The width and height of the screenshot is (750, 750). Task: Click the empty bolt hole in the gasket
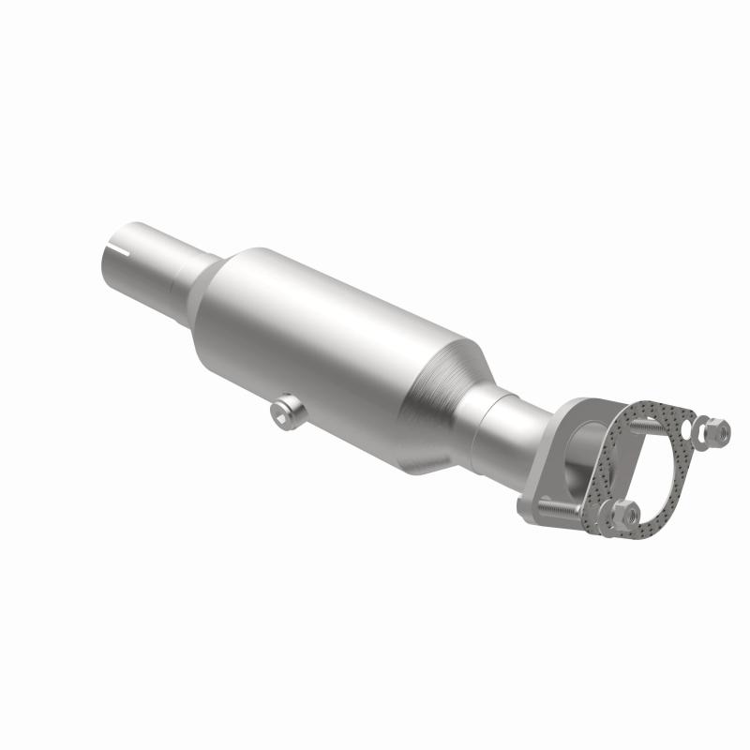click(693, 432)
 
